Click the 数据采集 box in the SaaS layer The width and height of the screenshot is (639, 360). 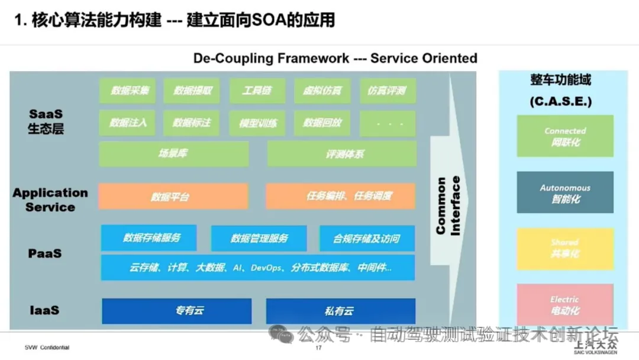point(127,91)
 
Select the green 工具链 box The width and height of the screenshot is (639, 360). point(257,91)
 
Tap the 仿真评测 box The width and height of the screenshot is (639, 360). point(388,91)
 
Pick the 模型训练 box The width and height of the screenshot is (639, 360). point(257,123)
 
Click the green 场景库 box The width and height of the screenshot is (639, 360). point(173,154)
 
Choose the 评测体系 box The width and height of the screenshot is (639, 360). point(342,154)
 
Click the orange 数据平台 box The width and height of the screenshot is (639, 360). point(173,197)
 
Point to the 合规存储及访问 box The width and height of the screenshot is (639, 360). point(367,238)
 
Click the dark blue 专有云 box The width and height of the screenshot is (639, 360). point(176,311)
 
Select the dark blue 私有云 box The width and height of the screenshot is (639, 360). point(340,311)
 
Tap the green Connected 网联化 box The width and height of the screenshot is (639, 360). point(565,136)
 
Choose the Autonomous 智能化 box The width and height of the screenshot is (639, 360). point(565,193)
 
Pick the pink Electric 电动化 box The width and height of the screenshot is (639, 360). point(565,304)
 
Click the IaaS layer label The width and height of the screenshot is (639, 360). point(44,310)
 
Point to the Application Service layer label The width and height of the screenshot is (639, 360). point(50,200)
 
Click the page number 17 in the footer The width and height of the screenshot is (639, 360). point(318,348)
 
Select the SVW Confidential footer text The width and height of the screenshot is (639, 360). point(47,348)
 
